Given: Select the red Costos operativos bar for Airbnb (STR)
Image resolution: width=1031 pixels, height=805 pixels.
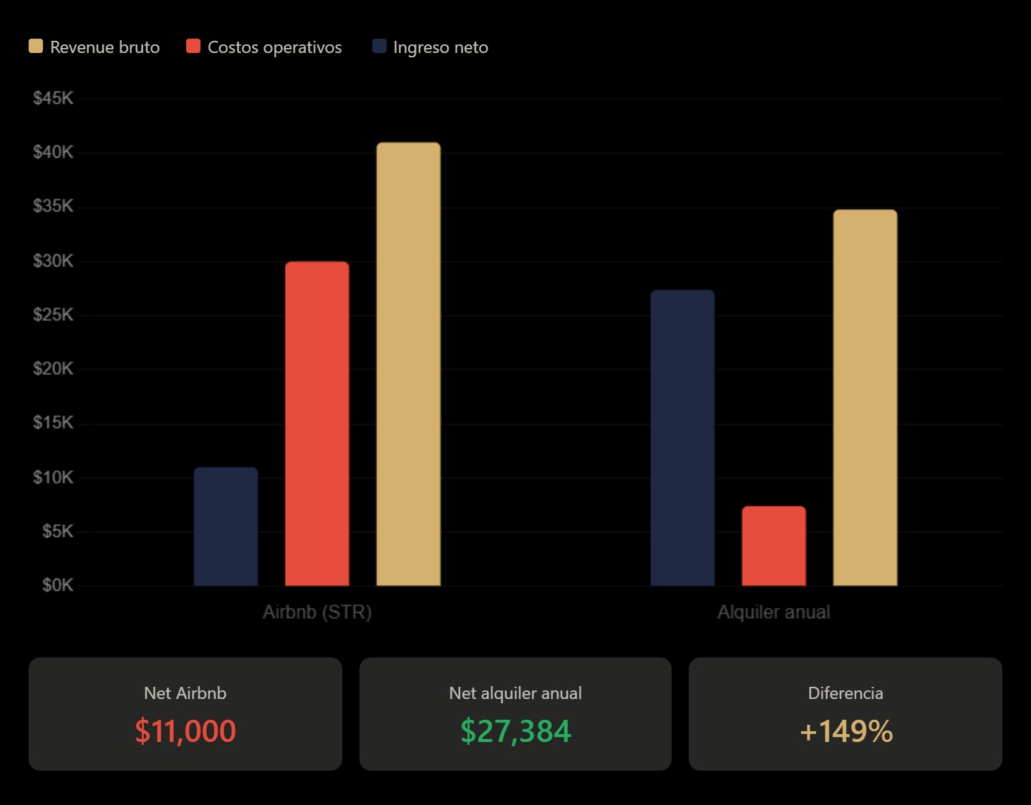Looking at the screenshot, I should click(317, 423).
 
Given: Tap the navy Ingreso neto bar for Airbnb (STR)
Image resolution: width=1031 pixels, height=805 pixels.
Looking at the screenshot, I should click(226, 526).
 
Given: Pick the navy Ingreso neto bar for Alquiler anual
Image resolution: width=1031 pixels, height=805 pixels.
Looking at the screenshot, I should click(682, 438).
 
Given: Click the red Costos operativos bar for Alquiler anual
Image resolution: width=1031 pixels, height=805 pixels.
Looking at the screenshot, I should click(773, 546).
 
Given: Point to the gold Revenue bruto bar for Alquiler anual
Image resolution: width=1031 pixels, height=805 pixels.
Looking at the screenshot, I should click(865, 397).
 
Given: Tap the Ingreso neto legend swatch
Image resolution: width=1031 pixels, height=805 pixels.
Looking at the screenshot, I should click(379, 47).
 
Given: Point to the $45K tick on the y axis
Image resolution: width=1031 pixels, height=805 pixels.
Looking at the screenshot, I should click(53, 98).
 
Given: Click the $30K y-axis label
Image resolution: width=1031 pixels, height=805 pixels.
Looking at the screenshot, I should click(53, 261).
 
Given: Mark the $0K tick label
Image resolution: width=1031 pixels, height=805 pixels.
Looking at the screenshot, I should click(57, 585).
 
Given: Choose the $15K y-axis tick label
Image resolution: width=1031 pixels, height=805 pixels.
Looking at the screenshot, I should click(53, 423).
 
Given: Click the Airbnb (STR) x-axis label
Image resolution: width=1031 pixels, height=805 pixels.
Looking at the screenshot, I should click(317, 612).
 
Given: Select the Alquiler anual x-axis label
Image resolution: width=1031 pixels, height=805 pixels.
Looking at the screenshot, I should click(773, 612).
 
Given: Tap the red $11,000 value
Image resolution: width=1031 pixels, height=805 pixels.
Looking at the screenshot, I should click(185, 731).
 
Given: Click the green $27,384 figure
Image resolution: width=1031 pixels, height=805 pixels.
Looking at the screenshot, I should click(515, 731).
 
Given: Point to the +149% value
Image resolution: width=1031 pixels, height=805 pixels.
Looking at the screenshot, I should click(846, 731).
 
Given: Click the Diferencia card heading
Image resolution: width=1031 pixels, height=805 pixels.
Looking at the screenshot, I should click(846, 693).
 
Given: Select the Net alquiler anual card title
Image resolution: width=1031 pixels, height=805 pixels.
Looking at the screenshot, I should click(515, 693).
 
